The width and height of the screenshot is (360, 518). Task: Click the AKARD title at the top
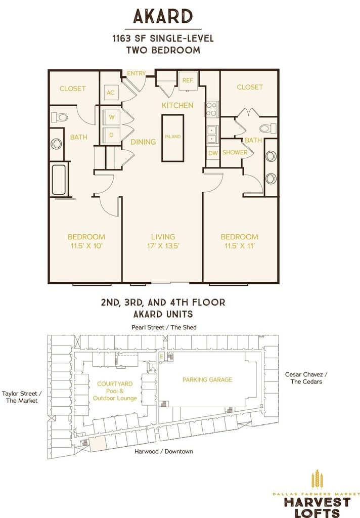tap(163, 17)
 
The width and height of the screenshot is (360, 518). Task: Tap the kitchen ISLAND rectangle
tap(172, 138)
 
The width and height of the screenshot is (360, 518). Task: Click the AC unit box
tap(110, 93)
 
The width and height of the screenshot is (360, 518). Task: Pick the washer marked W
tap(112, 117)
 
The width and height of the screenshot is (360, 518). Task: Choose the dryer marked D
tap(112, 135)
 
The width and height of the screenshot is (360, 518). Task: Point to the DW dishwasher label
tap(213, 153)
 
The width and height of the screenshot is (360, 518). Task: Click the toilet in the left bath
tap(60, 117)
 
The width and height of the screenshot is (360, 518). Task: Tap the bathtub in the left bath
tap(59, 180)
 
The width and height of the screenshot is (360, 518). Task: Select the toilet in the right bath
tap(268, 128)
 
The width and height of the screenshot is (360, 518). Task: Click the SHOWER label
tap(235, 152)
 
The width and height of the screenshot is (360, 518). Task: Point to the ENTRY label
tap(137, 73)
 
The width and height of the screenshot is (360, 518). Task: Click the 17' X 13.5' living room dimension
tap(163, 246)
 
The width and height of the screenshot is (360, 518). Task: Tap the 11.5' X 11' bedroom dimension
tap(240, 246)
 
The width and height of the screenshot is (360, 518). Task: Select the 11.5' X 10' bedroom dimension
tap(86, 246)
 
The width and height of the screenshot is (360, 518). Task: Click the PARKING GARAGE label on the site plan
tap(207, 379)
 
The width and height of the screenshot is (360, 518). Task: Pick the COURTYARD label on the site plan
tap(115, 383)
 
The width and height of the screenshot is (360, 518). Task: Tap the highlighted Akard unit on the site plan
tap(98, 443)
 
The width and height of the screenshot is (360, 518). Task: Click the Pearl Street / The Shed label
tap(164, 327)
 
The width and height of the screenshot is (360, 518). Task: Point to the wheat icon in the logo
tap(317, 480)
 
